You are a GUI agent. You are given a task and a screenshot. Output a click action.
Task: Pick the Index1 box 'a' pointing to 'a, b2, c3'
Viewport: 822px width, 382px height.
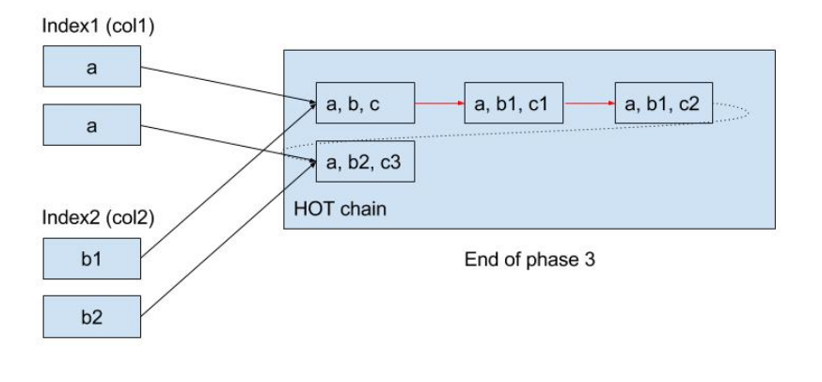coord(91,125)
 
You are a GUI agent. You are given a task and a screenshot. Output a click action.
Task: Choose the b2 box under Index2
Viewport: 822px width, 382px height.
coord(91,317)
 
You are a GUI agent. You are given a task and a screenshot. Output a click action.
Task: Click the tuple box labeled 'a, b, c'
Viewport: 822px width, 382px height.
coord(365,104)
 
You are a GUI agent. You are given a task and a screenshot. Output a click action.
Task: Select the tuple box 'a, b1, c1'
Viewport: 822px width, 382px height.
coord(514,104)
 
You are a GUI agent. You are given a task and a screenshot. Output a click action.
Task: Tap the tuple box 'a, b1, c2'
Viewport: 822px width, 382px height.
coord(664,104)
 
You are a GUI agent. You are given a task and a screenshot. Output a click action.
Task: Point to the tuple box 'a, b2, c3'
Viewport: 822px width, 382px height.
coord(365,161)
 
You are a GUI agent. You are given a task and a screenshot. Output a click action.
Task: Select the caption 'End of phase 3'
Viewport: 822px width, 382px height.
coord(529,260)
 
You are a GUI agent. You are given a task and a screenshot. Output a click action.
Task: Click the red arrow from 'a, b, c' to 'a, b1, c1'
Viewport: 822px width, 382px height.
coord(439,104)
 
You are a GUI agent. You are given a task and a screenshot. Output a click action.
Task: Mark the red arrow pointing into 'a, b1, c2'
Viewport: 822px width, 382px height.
coord(589,104)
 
